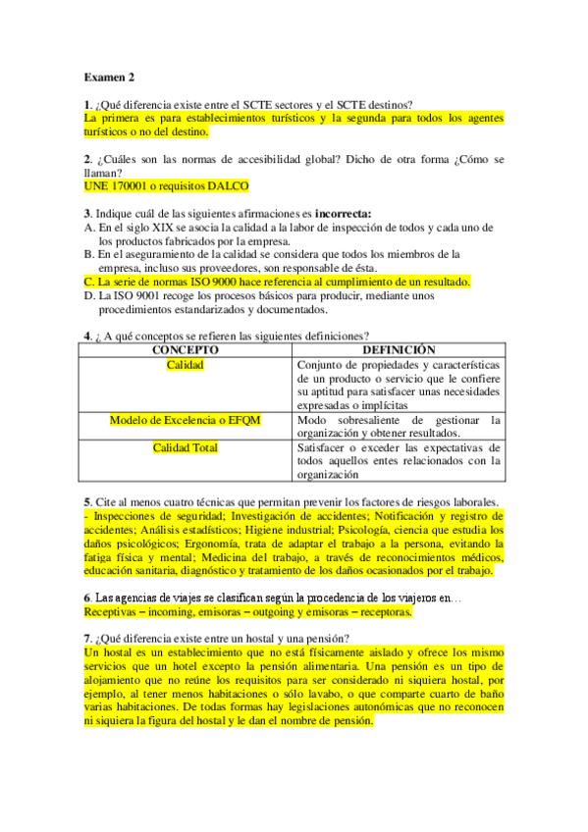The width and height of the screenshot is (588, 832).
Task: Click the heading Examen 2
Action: point(110,77)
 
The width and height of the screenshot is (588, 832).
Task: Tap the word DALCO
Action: point(229,185)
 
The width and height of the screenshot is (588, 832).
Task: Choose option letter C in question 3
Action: point(88,281)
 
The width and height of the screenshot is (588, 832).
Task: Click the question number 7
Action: point(87,638)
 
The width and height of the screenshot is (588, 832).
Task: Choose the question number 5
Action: point(87,501)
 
